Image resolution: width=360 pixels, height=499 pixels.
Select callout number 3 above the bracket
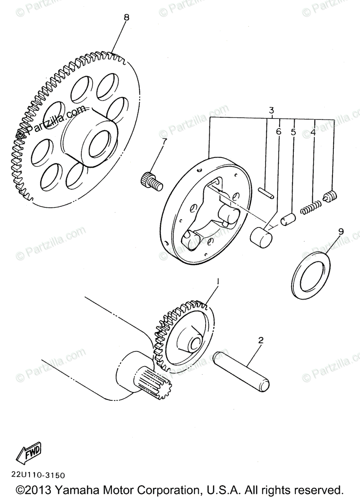(271, 111)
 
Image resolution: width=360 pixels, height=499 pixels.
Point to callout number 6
(278, 131)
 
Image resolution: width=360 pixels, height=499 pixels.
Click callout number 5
(293, 132)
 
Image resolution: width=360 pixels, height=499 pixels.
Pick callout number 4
(313, 133)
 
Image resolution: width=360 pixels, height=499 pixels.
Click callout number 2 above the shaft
(261, 340)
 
